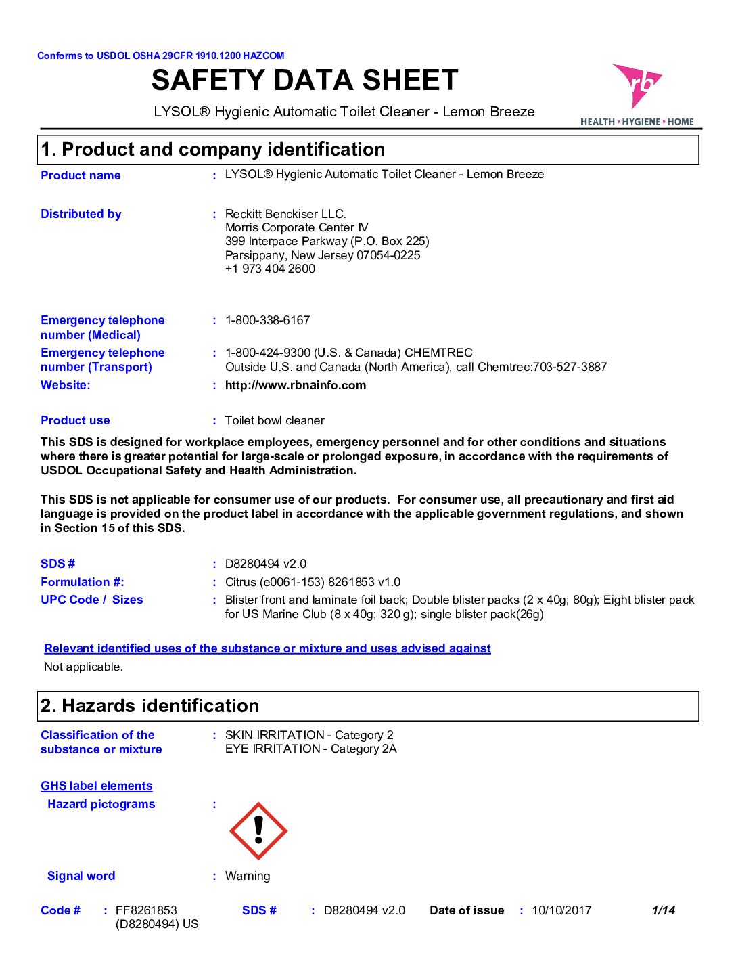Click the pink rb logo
(636, 85)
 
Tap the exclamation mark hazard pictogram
(258, 830)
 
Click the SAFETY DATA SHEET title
(305, 81)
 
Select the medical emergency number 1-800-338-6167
(267, 320)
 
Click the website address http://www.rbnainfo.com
(295, 385)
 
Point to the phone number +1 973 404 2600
(270, 269)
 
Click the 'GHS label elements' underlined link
(96, 786)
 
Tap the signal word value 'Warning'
(247, 876)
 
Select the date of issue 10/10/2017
(561, 910)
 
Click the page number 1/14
(663, 910)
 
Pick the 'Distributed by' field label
(80, 214)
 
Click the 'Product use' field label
(75, 420)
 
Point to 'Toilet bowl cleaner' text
(275, 420)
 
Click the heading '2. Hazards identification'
(149, 706)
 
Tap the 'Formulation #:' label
(82, 582)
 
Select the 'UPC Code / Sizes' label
(91, 600)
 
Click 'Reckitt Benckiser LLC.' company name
(285, 214)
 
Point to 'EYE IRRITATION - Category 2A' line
(310, 749)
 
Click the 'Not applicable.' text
(83, 667)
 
